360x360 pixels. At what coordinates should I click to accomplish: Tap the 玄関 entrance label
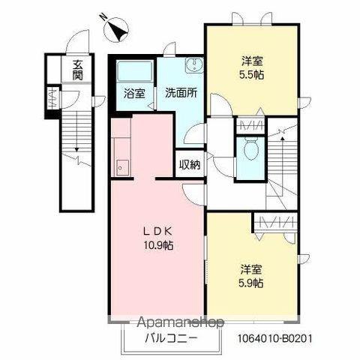click(x=78, y=71)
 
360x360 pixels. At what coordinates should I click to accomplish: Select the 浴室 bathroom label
click(x=134, y=94)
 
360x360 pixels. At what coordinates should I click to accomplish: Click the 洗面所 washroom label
click(x=181, y=94)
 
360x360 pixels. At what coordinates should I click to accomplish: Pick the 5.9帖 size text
click(x=251, y=283)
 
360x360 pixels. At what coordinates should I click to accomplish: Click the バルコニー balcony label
click(x=171, y=338)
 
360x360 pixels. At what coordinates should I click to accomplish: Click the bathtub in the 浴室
click(x=134, y=73)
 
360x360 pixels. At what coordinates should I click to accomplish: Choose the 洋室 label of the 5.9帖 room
click(x=251, y=268)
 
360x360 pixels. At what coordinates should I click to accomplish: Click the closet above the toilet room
click(x=250, y=125)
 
